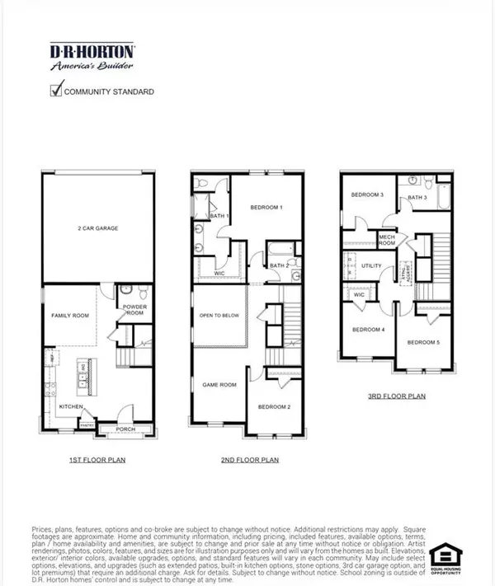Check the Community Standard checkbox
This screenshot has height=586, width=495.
(58, 91)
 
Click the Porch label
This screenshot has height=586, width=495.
(125, 428)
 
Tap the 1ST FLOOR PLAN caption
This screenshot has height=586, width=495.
(97, 459)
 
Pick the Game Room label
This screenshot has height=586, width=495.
(217, 384)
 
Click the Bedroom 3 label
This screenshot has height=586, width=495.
(367, 195)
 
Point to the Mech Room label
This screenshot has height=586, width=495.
(389, 239)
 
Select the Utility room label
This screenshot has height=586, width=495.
(370, 266)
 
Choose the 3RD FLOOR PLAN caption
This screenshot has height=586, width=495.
(397, 396)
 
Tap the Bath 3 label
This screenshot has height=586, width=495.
(417, 198)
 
